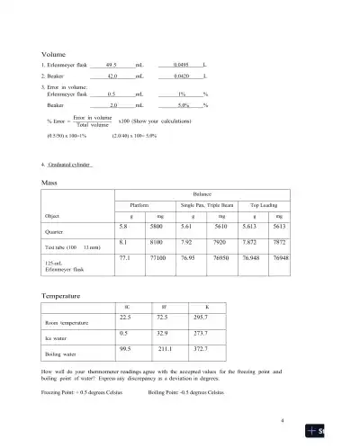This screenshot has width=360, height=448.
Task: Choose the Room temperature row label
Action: [x=66, y=322]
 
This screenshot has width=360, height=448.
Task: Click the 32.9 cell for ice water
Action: [x=163, y=332]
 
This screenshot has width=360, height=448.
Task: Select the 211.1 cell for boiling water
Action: [x=164, y=348]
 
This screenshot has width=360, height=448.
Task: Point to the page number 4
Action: [x=283, y=421]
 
